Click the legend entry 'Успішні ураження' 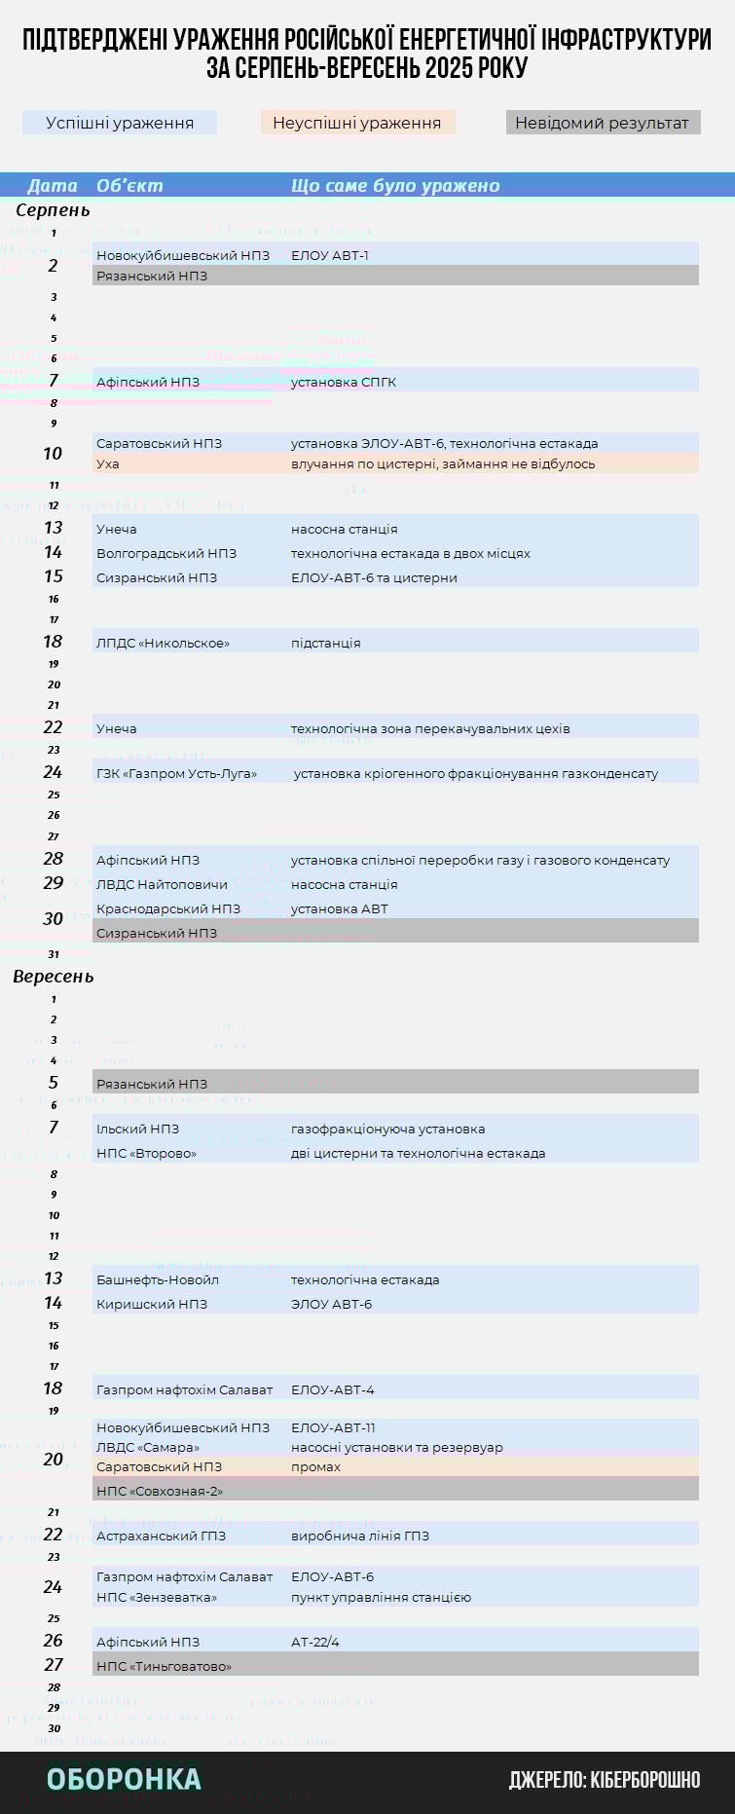coord(120,123)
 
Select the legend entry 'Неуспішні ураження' coord(357,123)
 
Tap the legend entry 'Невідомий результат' coord(602,123)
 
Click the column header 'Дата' coord(53,186)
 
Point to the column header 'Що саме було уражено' coord(395,186)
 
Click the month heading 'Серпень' coord(53,210)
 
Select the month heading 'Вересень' coord(54,977)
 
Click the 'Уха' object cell coord(108,463)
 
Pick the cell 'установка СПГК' coord(344,382)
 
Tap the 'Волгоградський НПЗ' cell coord(166,553)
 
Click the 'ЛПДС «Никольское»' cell coord(163,643)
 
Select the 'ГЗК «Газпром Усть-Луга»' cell coord(176,773)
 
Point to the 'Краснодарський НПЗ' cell coord(168,908)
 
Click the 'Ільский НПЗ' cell coord(137,1129)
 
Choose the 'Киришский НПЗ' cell coord(152,1304)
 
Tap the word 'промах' coord(315,1466)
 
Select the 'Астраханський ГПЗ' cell coord(161,1536)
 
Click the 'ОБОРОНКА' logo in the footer coord(124,1779)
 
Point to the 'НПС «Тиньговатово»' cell coord(165,1666)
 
